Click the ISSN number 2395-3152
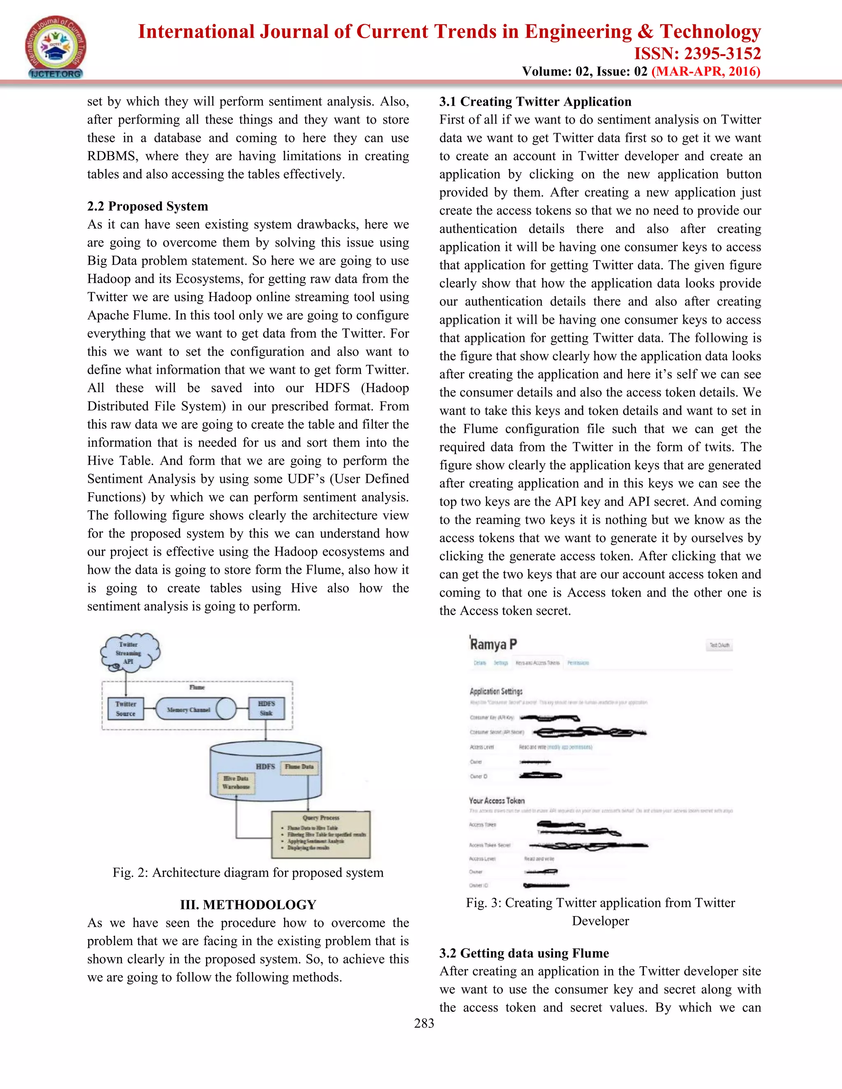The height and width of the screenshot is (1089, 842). (x=697, y=53)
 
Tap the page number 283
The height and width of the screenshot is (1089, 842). (x=424, y=1023)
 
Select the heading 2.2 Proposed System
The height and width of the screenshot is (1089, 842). (x=148, y=206)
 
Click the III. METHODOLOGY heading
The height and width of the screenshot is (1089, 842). (x=248, y=904)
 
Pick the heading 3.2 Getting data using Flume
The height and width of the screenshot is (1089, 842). (x=524, y=953)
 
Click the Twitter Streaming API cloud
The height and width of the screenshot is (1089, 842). (x=129, y=653)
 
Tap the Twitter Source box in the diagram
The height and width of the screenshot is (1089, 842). (x=126, y=708)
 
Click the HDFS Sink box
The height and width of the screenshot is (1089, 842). (x=266, y=708)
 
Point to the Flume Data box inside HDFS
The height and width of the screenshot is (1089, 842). (x=299, y=767)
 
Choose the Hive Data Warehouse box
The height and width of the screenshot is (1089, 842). (x=236, y=782)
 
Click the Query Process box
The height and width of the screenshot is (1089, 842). (x=321, y=834)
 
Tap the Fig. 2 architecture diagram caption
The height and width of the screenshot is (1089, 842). (x=248, y=872)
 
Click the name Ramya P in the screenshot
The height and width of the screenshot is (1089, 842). (x=493, y=644)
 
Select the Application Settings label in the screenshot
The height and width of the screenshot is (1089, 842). (x=496, y=691)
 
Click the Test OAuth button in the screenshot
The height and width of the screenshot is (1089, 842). (x=719, y=645)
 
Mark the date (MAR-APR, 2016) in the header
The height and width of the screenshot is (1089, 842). (x=706, y=72)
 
